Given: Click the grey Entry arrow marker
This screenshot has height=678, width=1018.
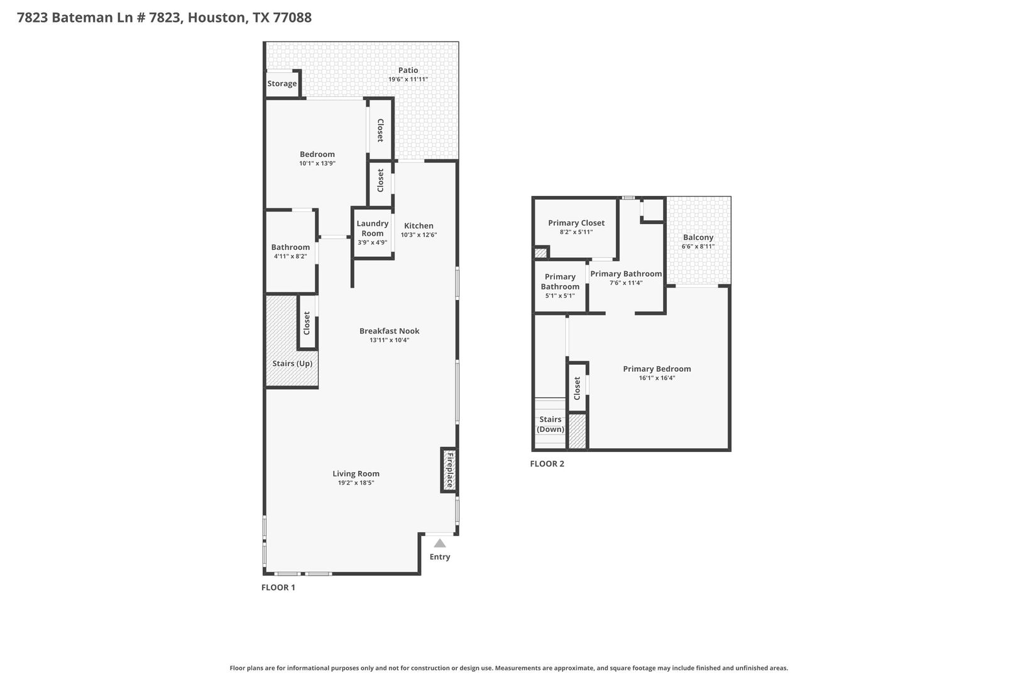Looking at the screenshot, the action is pos(439,543).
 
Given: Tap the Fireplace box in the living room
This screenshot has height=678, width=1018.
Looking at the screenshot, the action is pos(449,470).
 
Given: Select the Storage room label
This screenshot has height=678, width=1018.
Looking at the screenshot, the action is pos(282,83).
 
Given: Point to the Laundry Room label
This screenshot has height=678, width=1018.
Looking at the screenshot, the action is pos(372,229).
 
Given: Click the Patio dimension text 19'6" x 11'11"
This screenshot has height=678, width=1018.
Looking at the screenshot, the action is pos(408,80).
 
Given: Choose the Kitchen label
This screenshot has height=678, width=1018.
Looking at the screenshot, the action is pos(419,226).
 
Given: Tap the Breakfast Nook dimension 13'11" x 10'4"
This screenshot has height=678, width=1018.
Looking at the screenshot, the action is pos(390,340).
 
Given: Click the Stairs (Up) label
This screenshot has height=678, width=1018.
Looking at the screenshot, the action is pos(292,363).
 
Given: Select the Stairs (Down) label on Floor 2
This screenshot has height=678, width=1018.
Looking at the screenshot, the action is pos(550,424).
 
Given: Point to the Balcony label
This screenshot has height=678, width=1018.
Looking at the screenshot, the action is pos(698,237).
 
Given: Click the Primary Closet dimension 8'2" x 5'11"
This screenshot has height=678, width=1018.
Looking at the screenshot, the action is pos(576,232).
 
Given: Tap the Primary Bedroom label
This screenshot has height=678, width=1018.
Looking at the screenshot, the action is pos(657,369).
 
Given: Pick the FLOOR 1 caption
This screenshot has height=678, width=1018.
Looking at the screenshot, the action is pos(278,587).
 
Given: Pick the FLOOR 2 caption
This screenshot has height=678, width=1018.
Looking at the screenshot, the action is pos(547,464).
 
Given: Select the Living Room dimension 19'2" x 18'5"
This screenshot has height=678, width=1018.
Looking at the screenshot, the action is pos(356,483).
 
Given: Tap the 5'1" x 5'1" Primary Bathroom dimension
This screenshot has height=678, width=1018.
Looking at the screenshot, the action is pos(560,296).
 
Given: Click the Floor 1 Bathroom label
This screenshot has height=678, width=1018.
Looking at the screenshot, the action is pos(290,247).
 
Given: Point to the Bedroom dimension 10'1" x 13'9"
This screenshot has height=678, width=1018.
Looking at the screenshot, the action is pos(317,163).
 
